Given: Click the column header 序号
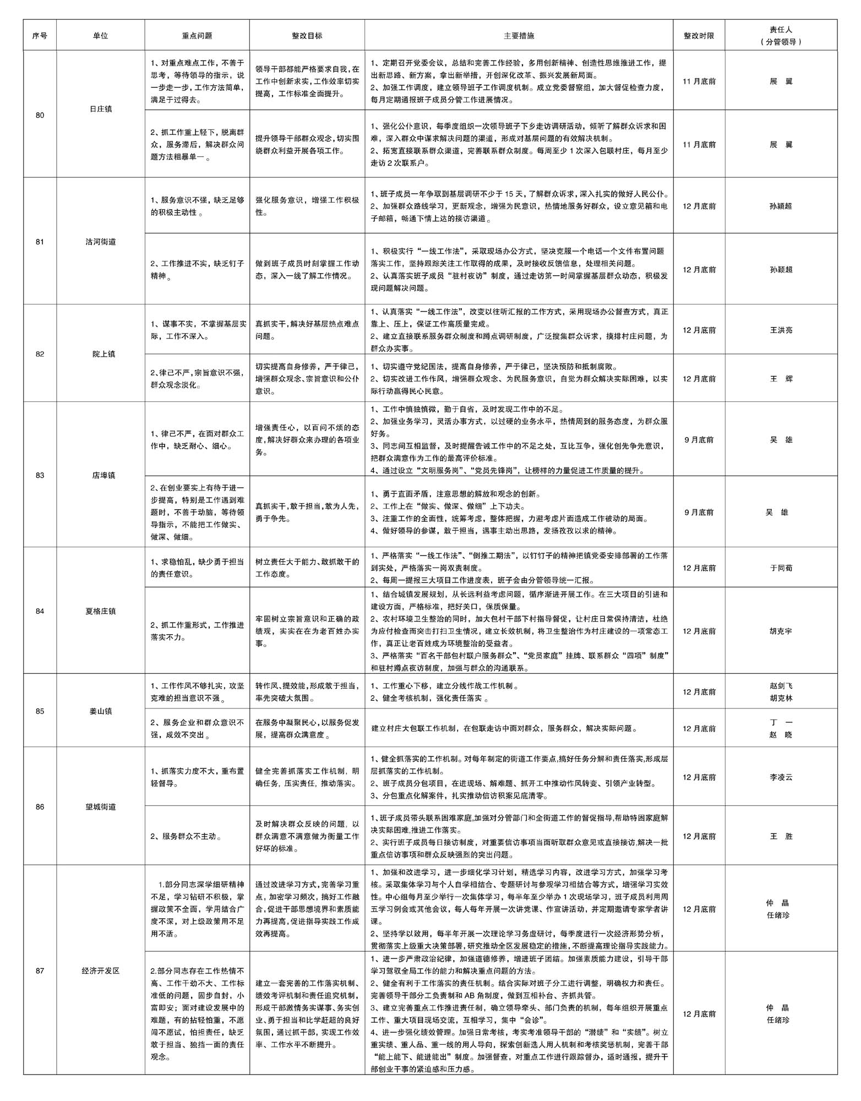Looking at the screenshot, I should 40,36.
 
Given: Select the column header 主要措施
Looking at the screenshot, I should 519,36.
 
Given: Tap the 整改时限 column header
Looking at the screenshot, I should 699,36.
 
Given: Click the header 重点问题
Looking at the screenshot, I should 197,36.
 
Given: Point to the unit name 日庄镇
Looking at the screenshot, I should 101,109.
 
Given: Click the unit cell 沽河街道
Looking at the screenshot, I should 101,242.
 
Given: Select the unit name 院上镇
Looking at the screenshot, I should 103,354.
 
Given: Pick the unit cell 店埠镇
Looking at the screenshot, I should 103,475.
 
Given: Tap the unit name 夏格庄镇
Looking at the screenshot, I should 101,611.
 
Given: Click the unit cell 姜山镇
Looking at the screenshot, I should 101,711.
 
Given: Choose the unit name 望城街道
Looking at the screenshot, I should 101,807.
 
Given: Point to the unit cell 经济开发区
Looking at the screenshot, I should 101,971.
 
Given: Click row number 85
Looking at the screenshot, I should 40,711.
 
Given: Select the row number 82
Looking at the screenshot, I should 40,354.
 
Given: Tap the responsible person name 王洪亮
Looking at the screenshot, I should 781,330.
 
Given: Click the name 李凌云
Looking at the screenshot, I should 781,777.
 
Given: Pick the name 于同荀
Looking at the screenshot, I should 781,568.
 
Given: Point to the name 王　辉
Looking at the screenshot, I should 781,379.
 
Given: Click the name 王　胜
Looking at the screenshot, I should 781,836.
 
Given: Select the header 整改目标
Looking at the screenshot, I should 307,36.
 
